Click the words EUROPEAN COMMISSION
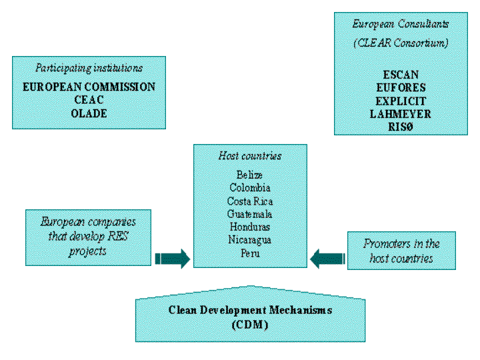click(x=89, y=87)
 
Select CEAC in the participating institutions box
click(x=89, y=100)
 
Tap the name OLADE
click(x=89, y=113)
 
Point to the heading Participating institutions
click(x=89, y=68)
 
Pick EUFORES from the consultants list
click(x=400, y=87)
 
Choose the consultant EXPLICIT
click(x=400, y=101)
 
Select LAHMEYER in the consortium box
click(x=400, y=114)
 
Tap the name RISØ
click(x=400, y=127)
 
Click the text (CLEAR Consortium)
click(x=400, y=43)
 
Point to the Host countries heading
click(x=250, y=156)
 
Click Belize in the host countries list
click(x=250, y=175)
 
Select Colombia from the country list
click(x=250, y=188)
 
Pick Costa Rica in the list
click(x=250, y=201)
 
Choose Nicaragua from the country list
click(x=250, y=240)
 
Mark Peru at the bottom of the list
click(x=250, y=253)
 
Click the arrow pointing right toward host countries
click(x=173, y=258)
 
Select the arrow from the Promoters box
click(x=327, y=258)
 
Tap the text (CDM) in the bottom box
click(x=250, y=325)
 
